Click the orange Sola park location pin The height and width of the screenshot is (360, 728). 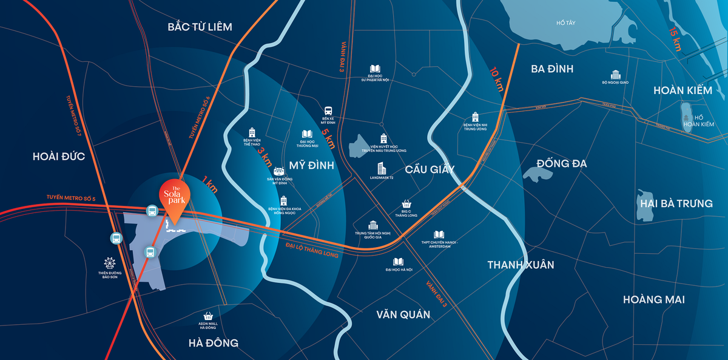(174, 195)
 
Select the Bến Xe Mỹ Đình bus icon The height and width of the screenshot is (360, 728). (328, 112)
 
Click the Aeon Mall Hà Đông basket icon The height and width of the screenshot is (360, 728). (208, 316)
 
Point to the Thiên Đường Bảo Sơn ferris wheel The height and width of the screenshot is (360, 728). (109, 263)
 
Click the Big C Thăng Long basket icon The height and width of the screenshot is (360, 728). (406, 205)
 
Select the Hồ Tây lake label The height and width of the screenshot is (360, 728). (565, 23)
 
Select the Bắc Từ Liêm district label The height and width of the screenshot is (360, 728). (200, 27)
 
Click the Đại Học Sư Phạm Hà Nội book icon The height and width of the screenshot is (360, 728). (375, 69)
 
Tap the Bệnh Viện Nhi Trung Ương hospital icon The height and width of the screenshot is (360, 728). (475, 116)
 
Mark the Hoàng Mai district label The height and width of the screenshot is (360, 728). (653, 299)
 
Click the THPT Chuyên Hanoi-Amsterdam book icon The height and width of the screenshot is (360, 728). (439, 234)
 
